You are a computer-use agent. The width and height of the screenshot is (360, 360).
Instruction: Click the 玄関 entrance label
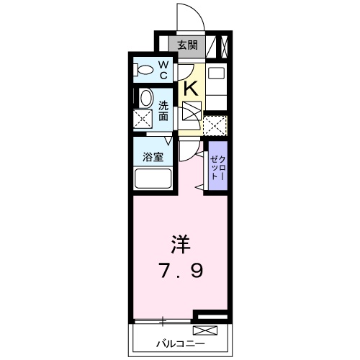187,45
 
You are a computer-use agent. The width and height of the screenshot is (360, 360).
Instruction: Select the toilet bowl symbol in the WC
144,71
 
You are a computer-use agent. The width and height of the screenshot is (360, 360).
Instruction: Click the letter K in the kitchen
192,88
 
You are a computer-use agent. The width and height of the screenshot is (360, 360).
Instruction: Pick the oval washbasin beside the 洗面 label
145,99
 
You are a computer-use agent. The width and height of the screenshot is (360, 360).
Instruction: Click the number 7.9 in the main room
180,271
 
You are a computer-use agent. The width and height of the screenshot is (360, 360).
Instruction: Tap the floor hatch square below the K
192,113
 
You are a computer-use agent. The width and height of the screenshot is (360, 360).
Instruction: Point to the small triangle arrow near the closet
197,186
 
